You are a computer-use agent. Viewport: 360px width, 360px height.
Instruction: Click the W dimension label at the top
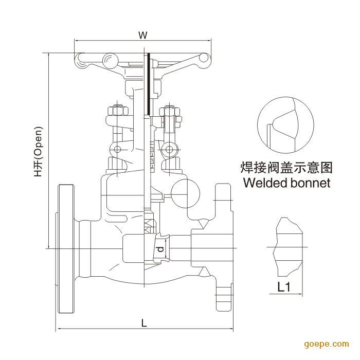[143, 35]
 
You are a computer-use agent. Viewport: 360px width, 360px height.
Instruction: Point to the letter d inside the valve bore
[160, 249]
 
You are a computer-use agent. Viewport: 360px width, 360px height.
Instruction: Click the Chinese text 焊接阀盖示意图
[286, 167]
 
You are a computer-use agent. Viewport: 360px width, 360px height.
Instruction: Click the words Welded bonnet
[286, 183]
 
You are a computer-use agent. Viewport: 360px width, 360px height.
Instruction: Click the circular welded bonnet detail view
[285, 124]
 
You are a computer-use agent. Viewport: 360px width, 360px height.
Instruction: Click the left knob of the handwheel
[109, 61]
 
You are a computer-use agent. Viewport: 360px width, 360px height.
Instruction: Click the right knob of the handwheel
[204, 58]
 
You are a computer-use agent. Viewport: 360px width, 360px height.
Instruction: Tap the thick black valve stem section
[148, 84]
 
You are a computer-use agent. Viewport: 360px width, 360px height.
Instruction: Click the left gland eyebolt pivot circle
[118, 150]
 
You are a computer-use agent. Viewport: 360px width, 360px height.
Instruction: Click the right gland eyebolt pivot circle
[168, 150]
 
